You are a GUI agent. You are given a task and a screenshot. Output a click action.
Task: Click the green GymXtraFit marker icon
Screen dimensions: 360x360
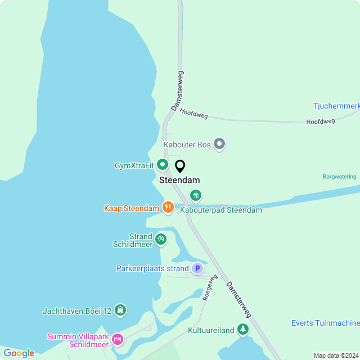163,165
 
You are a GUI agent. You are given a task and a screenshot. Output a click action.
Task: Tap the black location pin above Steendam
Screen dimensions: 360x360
180,166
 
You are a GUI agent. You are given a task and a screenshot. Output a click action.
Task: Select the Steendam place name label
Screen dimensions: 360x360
179,181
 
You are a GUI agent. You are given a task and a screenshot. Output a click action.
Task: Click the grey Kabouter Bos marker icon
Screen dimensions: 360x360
220,145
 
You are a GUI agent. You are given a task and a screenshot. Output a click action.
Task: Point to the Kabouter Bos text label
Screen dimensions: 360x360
187,145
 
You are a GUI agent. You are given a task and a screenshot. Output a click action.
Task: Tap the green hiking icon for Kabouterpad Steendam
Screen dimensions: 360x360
195,196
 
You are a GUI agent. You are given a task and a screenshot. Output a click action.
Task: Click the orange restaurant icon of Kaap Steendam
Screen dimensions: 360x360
168,208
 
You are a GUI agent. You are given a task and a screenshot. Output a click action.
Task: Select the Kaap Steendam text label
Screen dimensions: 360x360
132,208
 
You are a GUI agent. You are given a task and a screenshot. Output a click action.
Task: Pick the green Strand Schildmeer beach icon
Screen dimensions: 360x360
161,240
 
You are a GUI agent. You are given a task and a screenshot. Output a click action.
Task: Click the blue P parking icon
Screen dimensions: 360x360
197,268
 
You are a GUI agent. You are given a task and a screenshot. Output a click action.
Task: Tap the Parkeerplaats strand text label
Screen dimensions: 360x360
152,269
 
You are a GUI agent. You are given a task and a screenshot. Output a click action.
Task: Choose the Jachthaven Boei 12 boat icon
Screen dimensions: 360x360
120,310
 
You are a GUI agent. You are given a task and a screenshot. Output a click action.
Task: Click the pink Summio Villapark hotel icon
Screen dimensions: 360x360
117,339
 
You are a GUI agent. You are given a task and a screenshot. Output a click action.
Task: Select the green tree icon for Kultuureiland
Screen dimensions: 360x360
243,330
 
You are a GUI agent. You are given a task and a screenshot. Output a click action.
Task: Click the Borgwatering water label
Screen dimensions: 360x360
339,177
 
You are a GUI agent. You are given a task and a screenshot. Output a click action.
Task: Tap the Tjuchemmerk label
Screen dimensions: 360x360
336,106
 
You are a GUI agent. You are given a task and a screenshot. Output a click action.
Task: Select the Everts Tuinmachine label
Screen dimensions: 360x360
325,323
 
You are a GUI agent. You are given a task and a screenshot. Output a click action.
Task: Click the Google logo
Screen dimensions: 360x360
19,353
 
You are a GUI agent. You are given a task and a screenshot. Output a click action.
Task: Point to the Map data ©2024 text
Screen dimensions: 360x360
335,355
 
